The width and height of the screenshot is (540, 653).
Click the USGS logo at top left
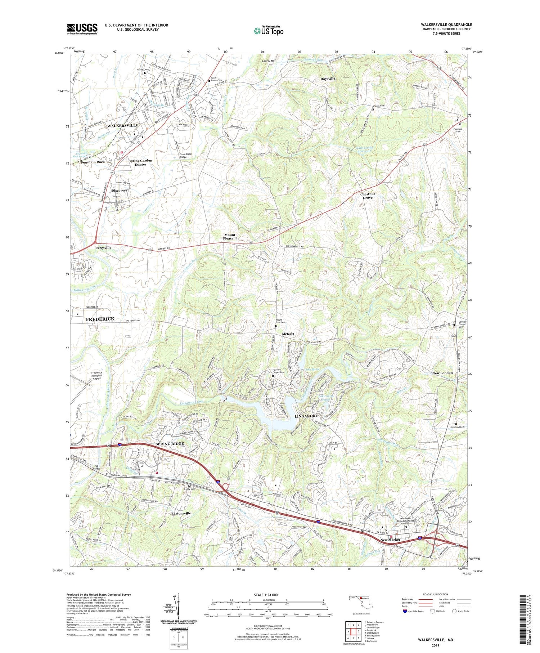coord(82,29)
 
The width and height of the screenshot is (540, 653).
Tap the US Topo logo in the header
coord(268,31)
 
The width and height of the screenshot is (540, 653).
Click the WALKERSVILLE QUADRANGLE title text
coord(446,24)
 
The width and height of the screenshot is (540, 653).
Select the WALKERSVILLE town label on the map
coord(122,125)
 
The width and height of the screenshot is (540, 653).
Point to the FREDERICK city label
coord(100,319)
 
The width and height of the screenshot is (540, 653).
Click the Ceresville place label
coord(103,248)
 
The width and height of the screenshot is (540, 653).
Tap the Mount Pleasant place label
coord(230,237)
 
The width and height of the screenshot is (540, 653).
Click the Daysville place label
coord(328,79)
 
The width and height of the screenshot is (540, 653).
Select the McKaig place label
coord(288,334)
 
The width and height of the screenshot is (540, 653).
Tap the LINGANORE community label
coord(307,416)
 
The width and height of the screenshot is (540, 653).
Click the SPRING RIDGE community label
coord(170,444)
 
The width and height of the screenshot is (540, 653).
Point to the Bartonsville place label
coord(181,513)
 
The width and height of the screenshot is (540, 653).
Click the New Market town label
coord(390,540)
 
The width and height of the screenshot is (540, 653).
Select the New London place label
coord(442,373)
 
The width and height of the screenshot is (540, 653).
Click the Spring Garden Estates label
coord(140,162)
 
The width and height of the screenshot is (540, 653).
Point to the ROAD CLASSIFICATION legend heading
coord(436,594)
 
